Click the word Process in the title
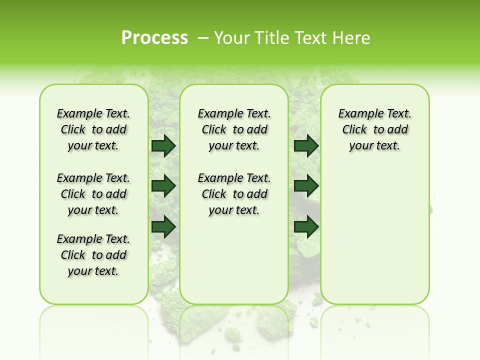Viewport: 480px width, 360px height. point(154,38)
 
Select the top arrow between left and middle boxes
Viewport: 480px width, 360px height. point(163,146)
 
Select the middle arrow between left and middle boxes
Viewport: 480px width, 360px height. point(163,186)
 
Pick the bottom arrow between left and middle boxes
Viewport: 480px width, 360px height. point(163,227)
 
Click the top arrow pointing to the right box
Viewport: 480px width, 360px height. point(306,146)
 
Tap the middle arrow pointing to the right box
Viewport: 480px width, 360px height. point(306,186)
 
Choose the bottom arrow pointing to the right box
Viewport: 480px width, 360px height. point(306,227)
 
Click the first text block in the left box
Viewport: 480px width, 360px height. point(93,129)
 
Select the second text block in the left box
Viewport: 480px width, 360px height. point(93,194)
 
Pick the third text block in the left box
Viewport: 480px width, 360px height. point(93,255)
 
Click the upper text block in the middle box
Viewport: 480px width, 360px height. point(234,129)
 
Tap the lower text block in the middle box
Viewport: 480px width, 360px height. point(234,194)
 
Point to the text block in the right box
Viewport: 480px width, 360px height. point(375,129)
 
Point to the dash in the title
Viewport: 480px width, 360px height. point(203,38)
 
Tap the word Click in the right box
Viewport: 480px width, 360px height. point(355,130)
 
